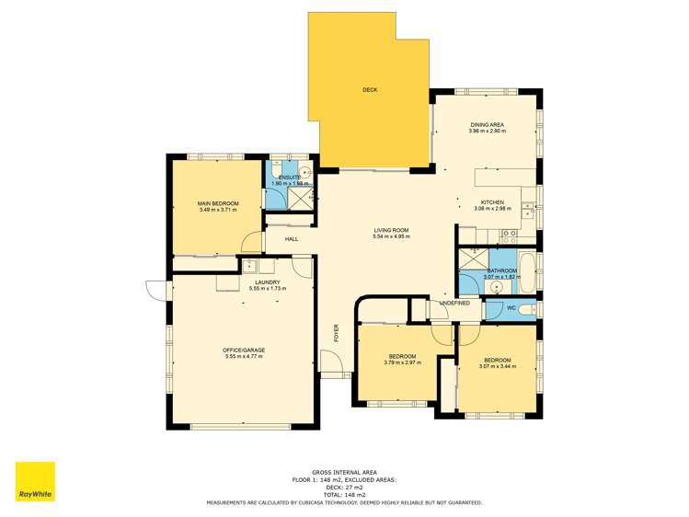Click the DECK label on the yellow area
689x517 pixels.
click(370, 89)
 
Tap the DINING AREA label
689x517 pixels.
click(487, 124)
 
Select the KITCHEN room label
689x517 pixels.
click(492, 202)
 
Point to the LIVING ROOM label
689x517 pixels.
click(391, 230)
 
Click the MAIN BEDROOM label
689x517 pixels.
click(218, 203)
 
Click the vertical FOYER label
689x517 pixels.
click(336, 331)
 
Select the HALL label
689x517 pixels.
click(291, 239)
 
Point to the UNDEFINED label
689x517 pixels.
click(454, 303)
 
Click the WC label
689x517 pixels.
click(511, 308)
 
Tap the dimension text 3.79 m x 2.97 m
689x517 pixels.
click(402, 362)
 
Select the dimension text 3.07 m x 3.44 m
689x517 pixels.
click(498, 366)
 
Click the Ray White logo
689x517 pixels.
click(35, 481)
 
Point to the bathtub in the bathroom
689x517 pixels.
click(529, 267)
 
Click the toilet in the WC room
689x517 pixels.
click(527, 310)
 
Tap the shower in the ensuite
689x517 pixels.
click(300, 198)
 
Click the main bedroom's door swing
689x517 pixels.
click(248, 242)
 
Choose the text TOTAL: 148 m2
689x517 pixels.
click(344, 496)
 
